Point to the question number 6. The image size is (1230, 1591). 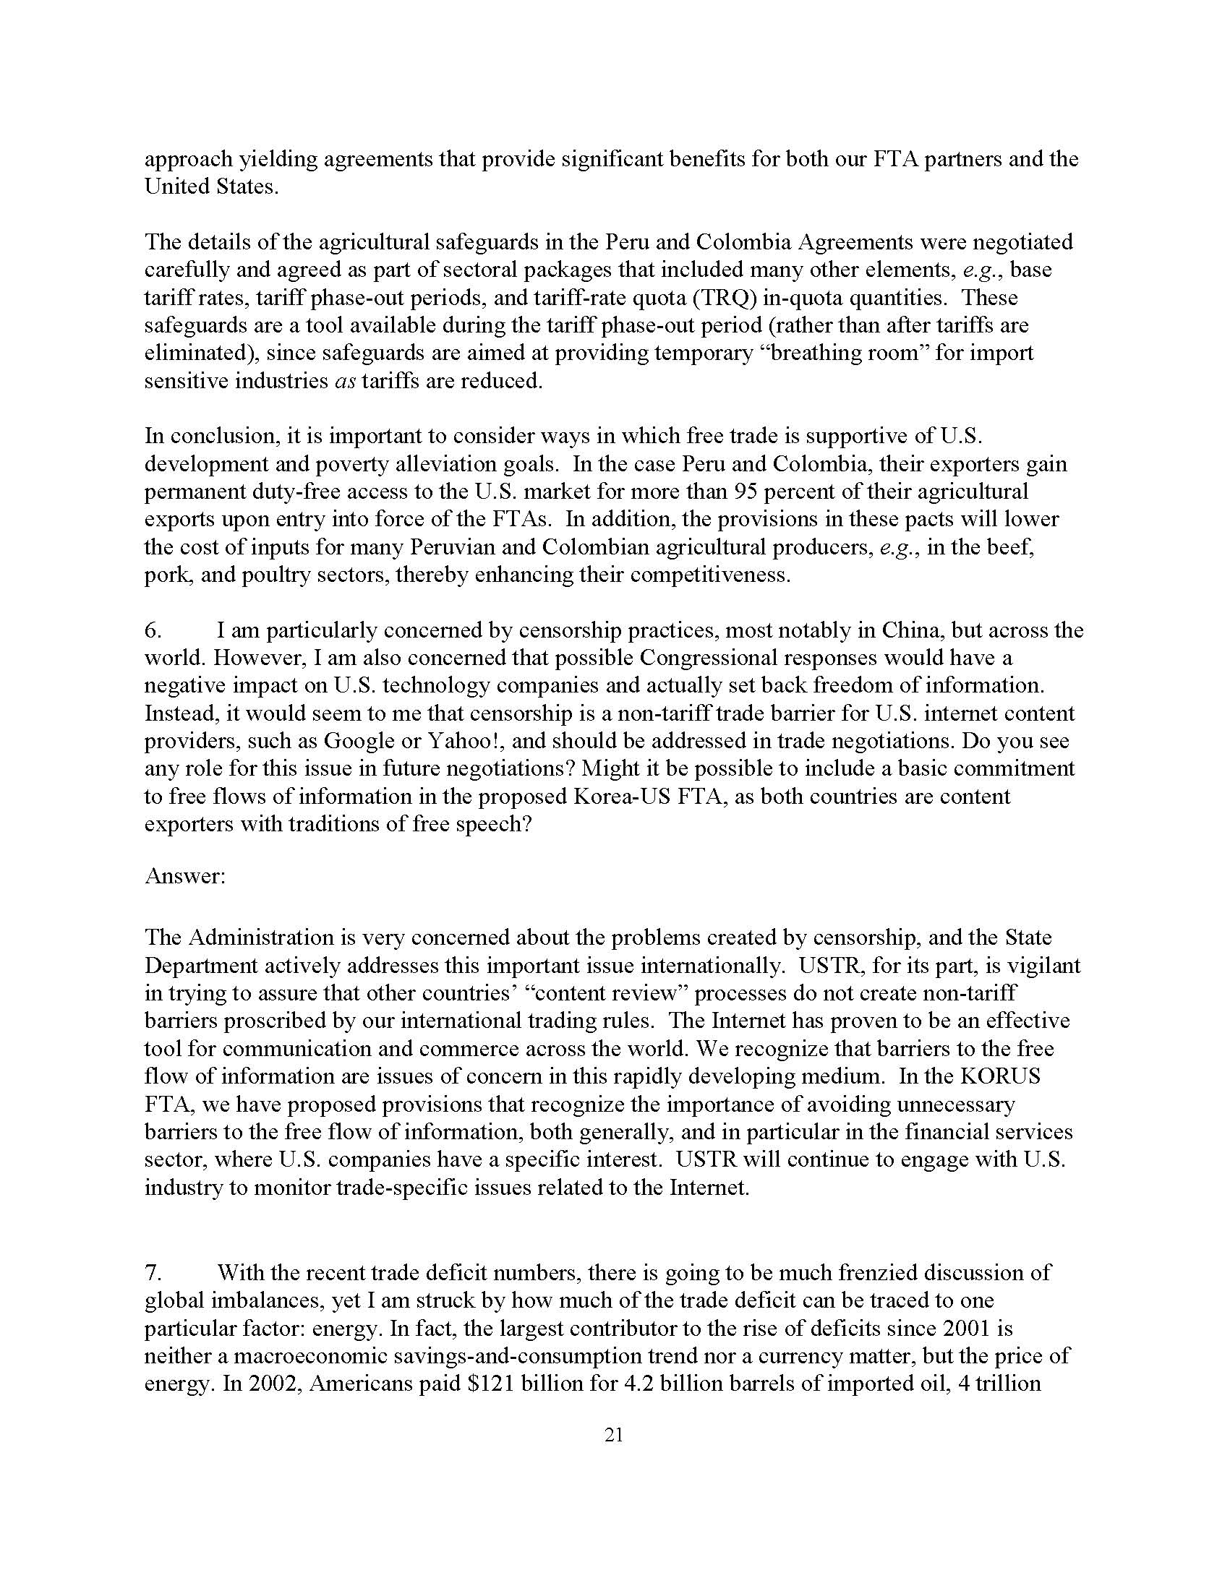pos(153,630)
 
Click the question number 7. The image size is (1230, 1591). pos(153,1273)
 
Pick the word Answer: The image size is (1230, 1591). pos(185,875)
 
